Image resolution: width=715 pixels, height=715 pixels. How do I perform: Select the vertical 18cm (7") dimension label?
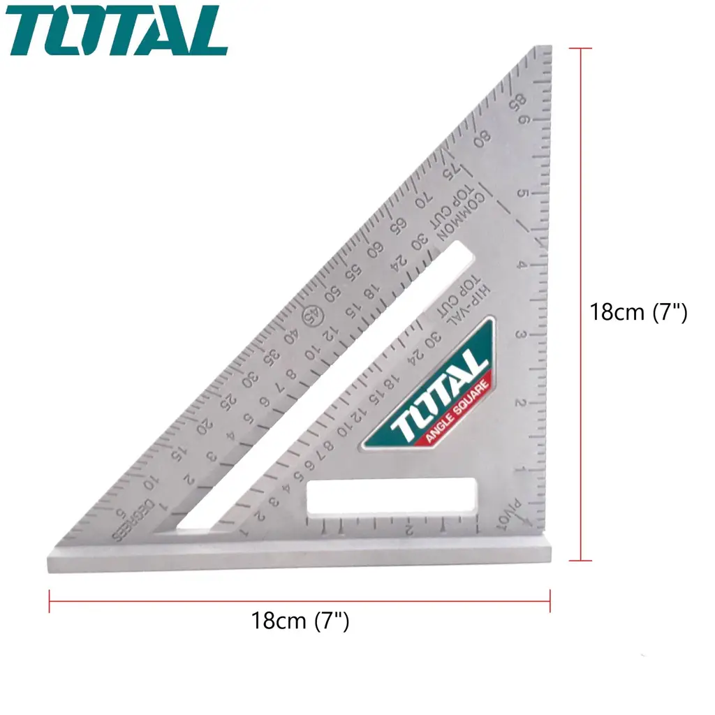click(638, 311)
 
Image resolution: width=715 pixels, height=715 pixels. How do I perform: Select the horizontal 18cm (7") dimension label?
click(300, 619)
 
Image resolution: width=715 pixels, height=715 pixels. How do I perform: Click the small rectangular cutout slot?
click(392, 496)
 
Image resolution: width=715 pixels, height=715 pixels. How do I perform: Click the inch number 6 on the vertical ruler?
click(523, 121)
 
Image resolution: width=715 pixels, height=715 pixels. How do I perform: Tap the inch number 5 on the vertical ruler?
click(520, 193)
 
